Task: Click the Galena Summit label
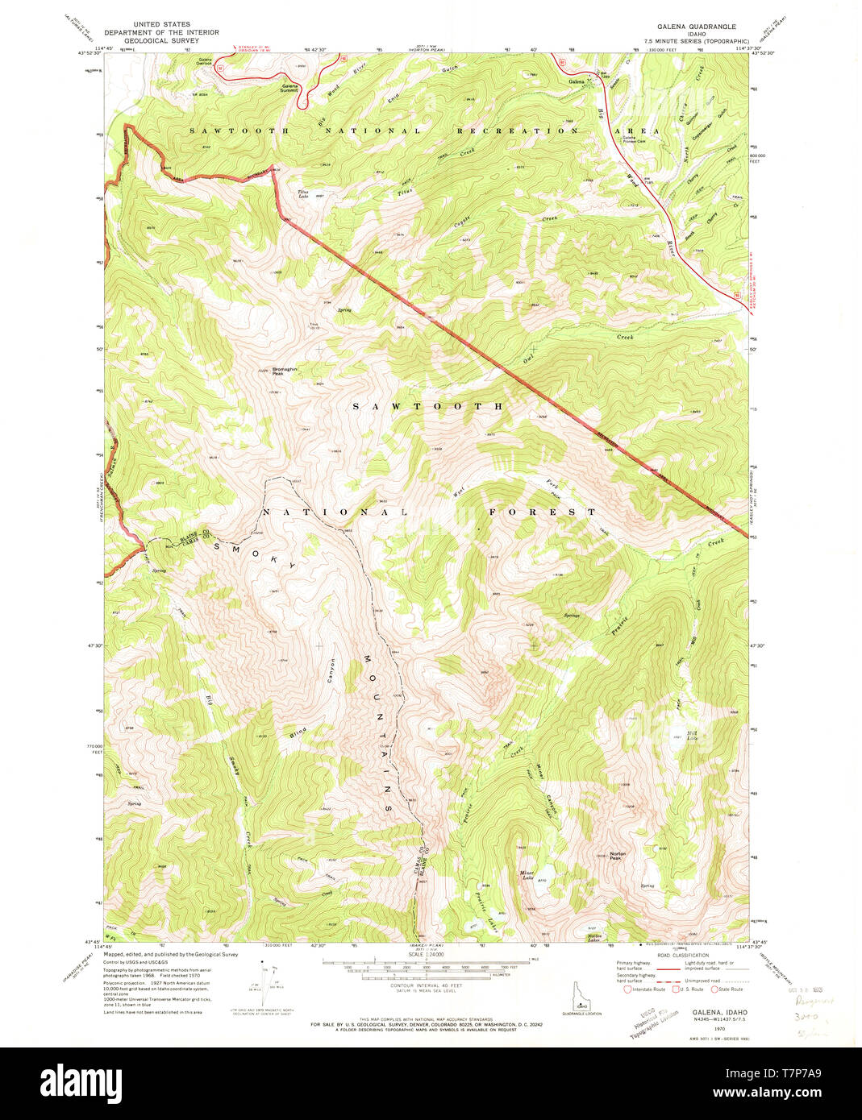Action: tap(289, 87)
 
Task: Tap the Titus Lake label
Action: tap(303, 193)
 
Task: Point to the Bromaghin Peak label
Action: tap(284, 371)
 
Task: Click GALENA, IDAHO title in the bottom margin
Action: tap(719, 1011)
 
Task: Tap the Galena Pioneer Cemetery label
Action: tap(635, 139)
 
